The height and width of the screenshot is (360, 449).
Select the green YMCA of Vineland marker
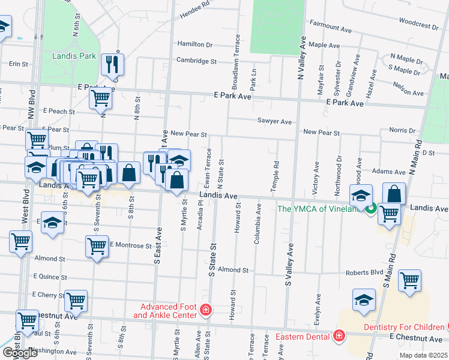tap(371, 208)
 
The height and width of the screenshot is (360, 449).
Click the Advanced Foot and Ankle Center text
tap(164, 311)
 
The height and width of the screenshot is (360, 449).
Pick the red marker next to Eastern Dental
tap(339, 335)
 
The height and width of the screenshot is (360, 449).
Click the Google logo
tap(20, 353)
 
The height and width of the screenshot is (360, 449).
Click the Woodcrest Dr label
tap(418, 26)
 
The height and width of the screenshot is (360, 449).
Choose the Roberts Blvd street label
tap(364, 272)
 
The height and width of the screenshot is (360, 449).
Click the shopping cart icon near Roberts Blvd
tap(409, 280)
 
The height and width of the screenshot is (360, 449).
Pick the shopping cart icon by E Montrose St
tap(97, 245)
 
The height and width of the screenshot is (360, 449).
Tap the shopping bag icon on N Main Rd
tap(394, 194)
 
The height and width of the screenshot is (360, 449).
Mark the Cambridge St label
tap(196, 61)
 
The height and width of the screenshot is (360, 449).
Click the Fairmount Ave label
tap(330, 27)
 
